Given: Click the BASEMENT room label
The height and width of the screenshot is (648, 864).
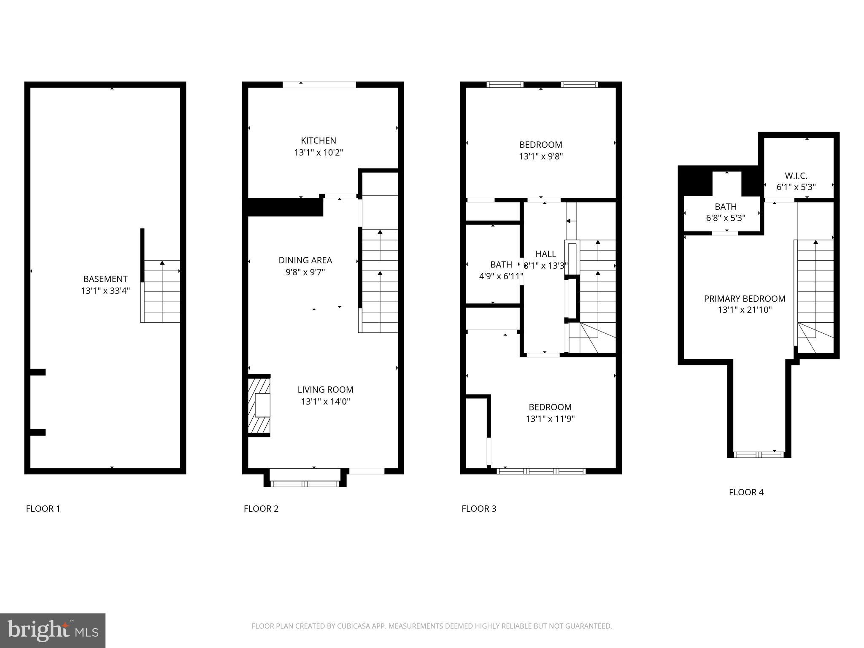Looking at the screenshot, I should [x=105, y=279].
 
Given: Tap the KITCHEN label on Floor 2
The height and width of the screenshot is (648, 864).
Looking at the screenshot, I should [x=319, y=140].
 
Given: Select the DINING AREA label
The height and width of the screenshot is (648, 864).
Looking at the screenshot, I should [x=305, y=260].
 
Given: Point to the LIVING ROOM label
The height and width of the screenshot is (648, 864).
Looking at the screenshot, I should [x=325, y=390].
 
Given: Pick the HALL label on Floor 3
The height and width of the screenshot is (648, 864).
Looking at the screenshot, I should [x=545, y=254].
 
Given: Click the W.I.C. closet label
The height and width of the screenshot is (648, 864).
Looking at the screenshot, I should [x=796, y=175].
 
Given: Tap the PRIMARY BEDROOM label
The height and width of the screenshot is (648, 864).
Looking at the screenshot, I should [x=745, y=299].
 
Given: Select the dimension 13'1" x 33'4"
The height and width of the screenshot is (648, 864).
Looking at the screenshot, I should [x=105, y=291].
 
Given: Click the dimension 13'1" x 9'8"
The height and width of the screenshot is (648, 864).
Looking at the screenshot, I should [x=541, y=157].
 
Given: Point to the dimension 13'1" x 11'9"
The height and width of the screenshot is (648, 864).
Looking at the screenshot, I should [x=550, y=419].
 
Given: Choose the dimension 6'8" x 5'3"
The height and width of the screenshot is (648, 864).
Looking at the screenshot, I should [x=726, y=218].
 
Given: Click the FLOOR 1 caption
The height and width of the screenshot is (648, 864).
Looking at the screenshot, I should [x=43, y=509].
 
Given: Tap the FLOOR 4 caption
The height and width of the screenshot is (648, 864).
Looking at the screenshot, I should [x=746, y=492].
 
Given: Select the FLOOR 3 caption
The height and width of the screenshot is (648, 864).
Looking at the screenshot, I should [x=479, y=509].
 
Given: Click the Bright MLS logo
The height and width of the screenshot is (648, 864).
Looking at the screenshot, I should [x=52, y=630].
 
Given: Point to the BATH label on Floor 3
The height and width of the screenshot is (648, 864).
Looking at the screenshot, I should [x=501, y=265].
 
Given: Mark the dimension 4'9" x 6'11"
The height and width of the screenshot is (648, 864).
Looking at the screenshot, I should [x=501, y=276].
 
